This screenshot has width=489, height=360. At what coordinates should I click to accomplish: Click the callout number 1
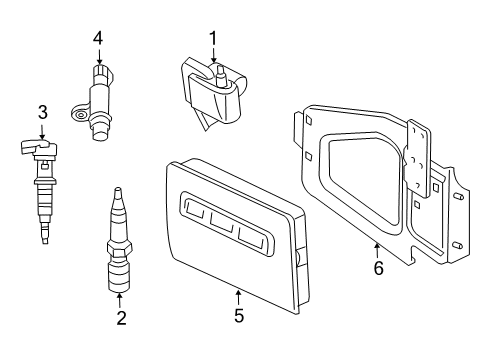click(x=212, y=37)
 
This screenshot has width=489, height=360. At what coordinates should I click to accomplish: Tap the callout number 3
click(x=42, y=111)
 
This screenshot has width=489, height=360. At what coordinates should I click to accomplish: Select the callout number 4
click(x=98, y=38)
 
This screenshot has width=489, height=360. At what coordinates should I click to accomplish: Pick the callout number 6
click(x=377, y=267)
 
